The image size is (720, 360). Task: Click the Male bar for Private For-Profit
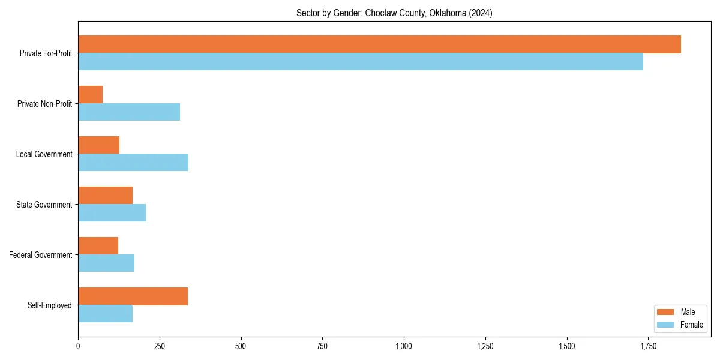coord(379,44)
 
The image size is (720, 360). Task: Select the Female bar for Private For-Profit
coord(361,62)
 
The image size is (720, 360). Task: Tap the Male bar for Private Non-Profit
coord(91,95)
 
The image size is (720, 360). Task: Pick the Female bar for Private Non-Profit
coord(129,112)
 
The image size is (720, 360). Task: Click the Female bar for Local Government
coord(133,163)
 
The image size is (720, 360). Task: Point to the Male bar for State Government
coord(106,196)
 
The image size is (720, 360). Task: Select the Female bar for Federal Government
coord(106,263)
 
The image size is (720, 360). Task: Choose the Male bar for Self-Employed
coord(133,296)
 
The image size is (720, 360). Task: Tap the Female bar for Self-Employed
coord(106,314)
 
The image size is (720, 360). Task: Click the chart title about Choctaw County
coord(394,13)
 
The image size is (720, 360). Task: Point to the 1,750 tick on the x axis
coord(649,346)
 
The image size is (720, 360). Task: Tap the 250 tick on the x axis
coord(160,346)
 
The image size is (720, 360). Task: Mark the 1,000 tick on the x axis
coord(404,346)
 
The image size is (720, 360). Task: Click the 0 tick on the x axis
coord(78,346)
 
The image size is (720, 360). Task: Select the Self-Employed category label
coord(50,305)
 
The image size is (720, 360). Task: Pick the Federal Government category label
coord(41,255)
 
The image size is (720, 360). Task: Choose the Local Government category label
coord(44,154)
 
